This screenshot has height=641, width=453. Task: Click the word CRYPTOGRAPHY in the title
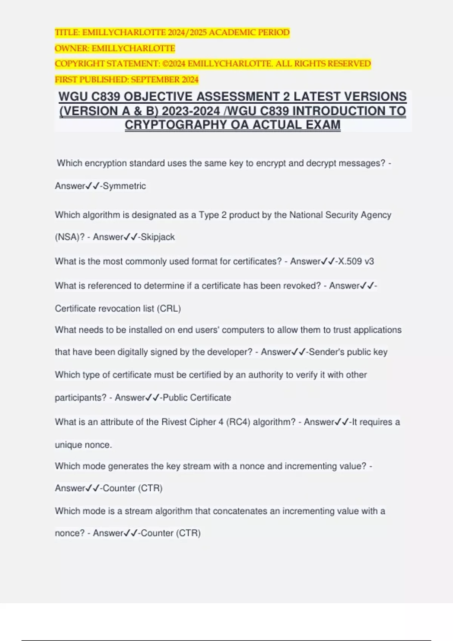[176, 125]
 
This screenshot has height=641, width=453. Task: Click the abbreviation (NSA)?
[69, 237]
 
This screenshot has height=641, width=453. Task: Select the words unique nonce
[83, 445]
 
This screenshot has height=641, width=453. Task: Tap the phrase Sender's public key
[348, 352]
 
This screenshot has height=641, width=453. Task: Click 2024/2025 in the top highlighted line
[187, 32]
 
